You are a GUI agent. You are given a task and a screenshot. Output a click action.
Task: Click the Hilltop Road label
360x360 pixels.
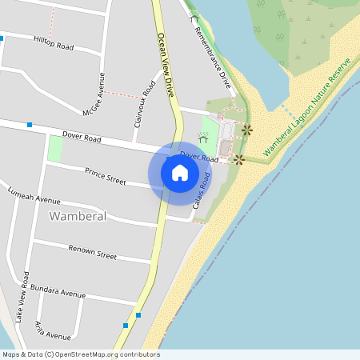[54, 42]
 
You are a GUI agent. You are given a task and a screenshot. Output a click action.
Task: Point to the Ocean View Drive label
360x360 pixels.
[166, 65]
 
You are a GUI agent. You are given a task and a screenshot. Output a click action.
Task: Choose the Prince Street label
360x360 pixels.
[106, 176]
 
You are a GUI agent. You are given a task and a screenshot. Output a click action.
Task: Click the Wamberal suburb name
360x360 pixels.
[78, 216]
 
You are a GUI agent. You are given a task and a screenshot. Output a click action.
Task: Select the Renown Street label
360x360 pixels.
[92, 253]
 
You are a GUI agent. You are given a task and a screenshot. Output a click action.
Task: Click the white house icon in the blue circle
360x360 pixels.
[180, 172]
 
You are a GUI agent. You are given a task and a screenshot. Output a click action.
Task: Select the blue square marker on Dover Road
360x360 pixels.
[30, 125]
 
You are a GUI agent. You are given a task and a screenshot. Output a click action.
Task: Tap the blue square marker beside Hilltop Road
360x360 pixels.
[2, 38]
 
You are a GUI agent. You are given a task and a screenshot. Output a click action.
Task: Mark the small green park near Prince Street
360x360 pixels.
[55, 148]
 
